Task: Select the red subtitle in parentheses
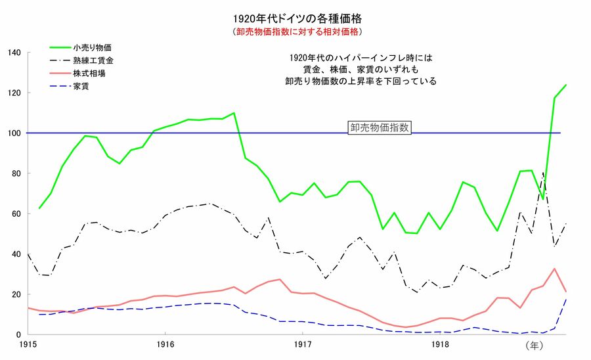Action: pos(297,31)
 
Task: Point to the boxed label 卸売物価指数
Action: pos(380,128)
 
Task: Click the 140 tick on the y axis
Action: pos(14,53)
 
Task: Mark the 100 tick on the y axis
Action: pos(14,133)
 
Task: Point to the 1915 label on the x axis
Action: pos(28,344)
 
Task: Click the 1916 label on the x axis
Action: pos(165,344)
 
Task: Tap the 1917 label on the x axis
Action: pos(302,344)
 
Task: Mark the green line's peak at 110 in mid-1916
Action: pos(234,113)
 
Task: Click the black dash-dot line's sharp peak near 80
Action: pos(543,173)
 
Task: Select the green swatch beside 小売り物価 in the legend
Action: pos(63,49)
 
